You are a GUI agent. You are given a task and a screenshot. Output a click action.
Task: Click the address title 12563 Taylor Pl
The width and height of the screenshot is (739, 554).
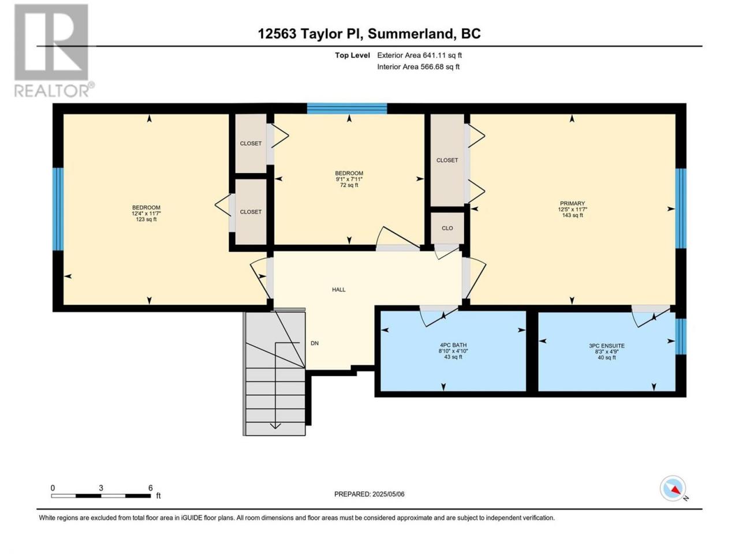coord(310,33)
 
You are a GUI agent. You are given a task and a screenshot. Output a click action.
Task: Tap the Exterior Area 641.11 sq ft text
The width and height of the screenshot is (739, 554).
coord(420,55)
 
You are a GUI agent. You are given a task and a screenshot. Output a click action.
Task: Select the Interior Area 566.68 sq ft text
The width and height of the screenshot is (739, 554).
coord(418,66)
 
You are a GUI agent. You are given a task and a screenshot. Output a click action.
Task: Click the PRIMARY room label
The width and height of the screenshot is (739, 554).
coord(572,203)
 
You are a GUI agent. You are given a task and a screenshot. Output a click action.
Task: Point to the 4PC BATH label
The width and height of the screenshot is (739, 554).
coord(453,345)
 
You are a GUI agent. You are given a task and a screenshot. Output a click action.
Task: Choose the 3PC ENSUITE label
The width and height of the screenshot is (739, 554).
coord(607,346)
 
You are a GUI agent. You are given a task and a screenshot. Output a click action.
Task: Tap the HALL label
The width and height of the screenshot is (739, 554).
coord(339,290)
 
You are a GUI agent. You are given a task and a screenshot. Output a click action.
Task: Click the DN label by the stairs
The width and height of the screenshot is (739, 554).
coord(315,343)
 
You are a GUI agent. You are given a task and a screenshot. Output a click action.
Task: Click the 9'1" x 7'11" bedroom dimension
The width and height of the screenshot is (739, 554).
coord(349,179)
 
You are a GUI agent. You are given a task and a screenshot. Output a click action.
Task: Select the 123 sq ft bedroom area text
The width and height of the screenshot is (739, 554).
coord(146,219)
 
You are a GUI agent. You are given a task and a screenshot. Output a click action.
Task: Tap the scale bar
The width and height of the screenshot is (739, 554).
coord(101,496)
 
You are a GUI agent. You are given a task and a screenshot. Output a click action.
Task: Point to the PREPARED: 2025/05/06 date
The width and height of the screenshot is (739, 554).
coord(369,494)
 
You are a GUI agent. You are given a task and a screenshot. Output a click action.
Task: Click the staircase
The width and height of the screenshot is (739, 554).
coord(274,373)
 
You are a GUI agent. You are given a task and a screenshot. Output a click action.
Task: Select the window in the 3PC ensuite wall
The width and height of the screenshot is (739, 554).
coord(681,336)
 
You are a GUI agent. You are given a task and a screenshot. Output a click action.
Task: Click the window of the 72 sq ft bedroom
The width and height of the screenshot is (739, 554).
coord(347,108)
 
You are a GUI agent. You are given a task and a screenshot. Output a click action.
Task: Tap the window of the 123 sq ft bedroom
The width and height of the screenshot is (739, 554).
coord(58,209)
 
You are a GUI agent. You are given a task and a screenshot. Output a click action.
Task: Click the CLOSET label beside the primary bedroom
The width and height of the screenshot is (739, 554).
coord(447,160)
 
